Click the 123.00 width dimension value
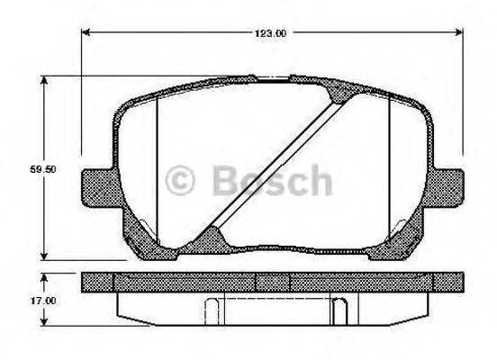tap(271, 33)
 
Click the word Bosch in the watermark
tap(271, 180)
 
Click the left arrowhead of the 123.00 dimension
tap(86, 33)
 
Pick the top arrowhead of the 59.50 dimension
tap(45, 82)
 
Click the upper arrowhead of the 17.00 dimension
tap(45, 274)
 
